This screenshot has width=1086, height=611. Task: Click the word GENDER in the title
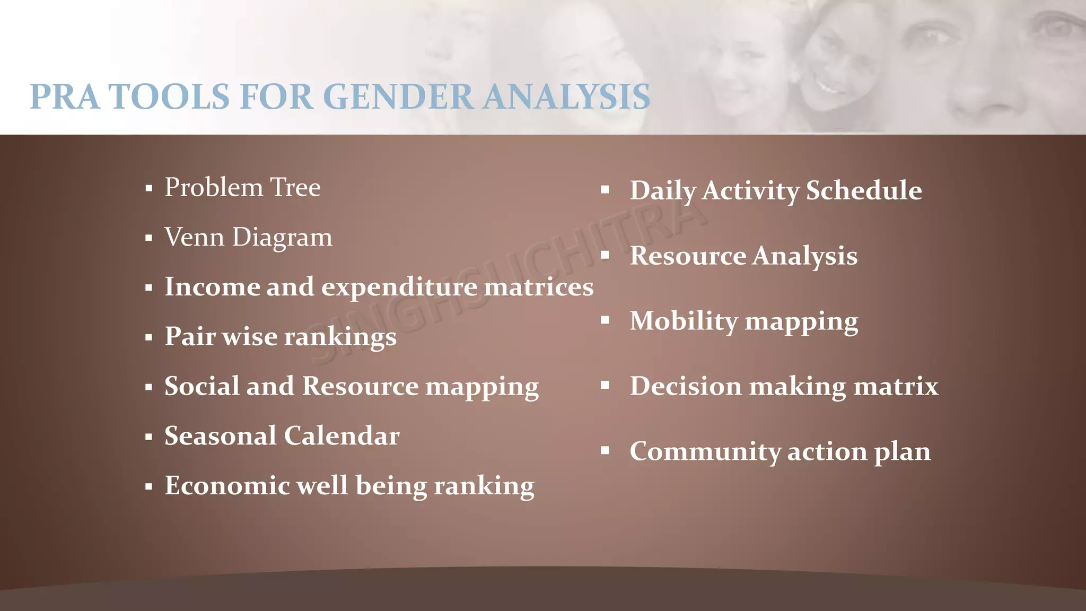click(398, 97)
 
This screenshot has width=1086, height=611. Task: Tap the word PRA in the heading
click(64, 97)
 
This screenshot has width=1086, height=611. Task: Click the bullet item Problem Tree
click(242, 188)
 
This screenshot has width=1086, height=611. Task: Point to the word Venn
click(194, 237)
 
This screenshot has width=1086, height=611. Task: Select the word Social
click(202, 386)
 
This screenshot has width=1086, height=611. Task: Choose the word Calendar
click(341, 436)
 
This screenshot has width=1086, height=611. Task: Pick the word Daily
click(662, 191)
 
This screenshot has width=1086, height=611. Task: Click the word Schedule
click(864, 190)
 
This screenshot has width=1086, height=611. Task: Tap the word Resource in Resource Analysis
click(688, 256)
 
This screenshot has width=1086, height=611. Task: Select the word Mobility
click(684, 321)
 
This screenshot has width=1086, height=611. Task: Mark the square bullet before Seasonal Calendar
click(148, 437)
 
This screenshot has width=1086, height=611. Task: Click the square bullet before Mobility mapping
click(605, 320)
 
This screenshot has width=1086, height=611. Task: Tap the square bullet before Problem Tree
click(148, 188)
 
